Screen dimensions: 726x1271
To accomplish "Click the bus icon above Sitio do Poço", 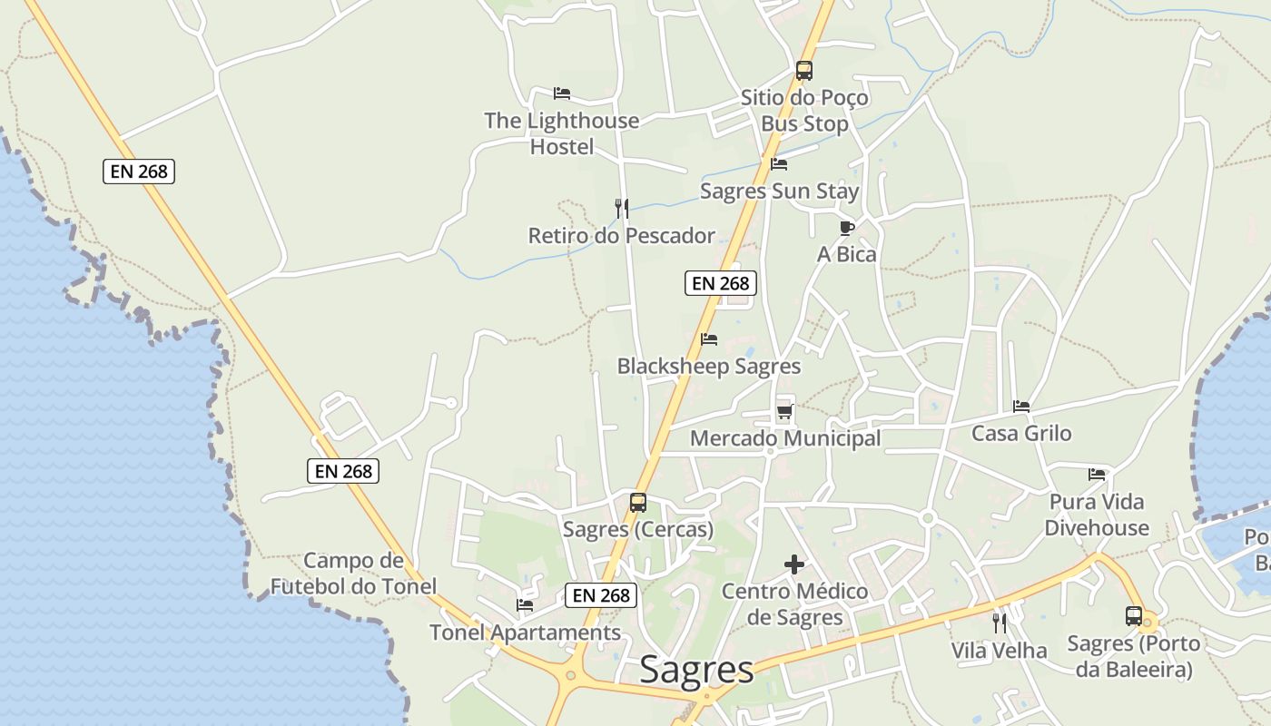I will point(803,70).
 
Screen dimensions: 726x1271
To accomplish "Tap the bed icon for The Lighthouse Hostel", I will point(562,93).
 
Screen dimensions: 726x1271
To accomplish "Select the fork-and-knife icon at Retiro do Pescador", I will point(622,209).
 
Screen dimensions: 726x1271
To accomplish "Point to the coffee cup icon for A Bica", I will point(847,228).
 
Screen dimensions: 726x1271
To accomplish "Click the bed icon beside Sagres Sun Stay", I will point(779,164).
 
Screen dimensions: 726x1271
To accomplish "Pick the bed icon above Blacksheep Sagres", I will point(709,339).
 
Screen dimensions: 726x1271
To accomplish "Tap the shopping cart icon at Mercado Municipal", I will point(785,412).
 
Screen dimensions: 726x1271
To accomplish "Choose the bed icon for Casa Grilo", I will point(1021,407).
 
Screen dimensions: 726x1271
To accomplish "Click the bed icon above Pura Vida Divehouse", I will point(1097,475).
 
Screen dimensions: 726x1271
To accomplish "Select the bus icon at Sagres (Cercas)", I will point(638,502).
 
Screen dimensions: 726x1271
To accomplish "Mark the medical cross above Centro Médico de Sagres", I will point(794,564).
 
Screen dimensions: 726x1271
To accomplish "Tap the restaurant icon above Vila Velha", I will point(1000,623).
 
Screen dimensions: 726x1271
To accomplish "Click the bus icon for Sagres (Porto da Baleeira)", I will point(1134,616).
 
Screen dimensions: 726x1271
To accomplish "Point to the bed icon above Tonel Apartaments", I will point(525,605).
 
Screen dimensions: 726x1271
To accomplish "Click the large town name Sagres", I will point(696,670).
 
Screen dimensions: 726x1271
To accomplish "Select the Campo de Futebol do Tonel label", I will point(353,574).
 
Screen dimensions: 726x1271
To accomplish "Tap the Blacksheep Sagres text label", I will point(709,367).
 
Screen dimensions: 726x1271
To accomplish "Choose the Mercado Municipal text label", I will point(785,439).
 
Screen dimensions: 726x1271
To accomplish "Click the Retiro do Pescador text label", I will point(622,236).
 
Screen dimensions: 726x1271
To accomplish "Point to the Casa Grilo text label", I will point(1021,434).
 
